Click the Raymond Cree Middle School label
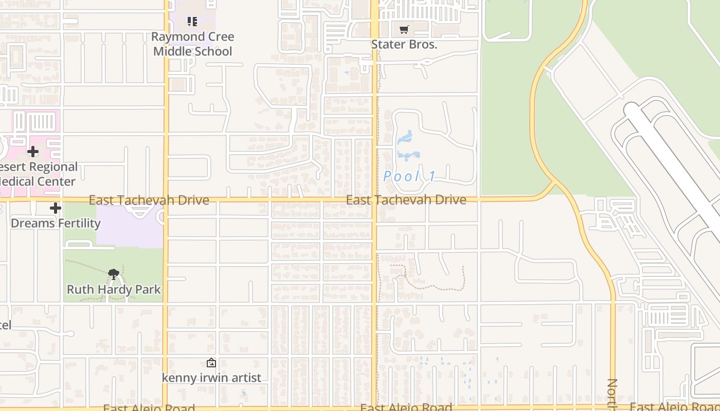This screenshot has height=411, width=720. (x=193, y=44)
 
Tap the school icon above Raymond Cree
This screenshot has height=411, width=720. (x=192, y=22)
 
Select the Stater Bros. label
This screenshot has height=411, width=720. (x=404, y=45)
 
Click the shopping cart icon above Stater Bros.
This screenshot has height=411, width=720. (x=404, y=30)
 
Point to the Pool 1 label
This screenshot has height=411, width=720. (x=409, y=177)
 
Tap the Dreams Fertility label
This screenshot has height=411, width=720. (x=56, y=223)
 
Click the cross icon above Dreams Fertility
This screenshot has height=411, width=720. (x=56, y=208)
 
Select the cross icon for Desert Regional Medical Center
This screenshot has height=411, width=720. (x=33, y=152)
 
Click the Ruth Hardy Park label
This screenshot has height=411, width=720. (x=114, y=290)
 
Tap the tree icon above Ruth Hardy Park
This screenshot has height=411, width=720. (x=114, y=274)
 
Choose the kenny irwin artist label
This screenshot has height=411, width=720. (x=211, y=378)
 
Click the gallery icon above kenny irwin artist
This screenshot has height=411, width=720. (x=211, y=363)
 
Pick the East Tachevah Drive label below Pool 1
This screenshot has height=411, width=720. (x=406, y=200)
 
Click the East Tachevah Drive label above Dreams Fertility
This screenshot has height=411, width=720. (x=149, y=200)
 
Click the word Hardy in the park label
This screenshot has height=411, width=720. (x=114, y=290)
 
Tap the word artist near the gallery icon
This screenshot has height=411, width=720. (x=245, y=378)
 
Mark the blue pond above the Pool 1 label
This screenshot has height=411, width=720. (x=405, y=137)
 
